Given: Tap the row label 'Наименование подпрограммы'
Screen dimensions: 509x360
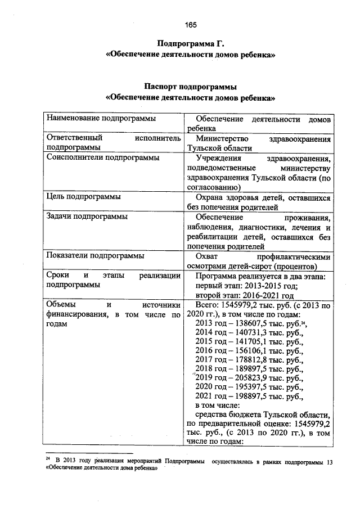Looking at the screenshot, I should pos(101,119).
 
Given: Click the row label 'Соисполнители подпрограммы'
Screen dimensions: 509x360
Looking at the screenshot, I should pos(102,157).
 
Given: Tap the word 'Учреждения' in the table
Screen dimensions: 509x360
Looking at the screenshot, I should pos(217,158).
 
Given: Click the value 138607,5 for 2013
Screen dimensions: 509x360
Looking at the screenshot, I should pos(253,324).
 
